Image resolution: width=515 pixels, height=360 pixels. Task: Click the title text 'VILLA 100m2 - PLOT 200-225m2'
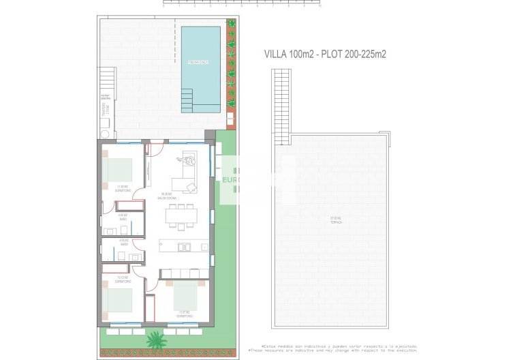point(324,55)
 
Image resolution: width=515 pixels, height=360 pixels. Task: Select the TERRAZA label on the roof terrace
point(334,220)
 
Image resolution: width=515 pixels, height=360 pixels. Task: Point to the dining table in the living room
point(182,215)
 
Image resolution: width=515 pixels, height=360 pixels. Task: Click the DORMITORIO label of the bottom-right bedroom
point(184,316)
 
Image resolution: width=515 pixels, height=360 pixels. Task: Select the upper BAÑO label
point(123,219)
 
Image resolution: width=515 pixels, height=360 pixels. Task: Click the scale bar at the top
point(241,3)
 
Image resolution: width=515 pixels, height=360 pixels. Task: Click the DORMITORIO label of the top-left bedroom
point(123,190)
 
